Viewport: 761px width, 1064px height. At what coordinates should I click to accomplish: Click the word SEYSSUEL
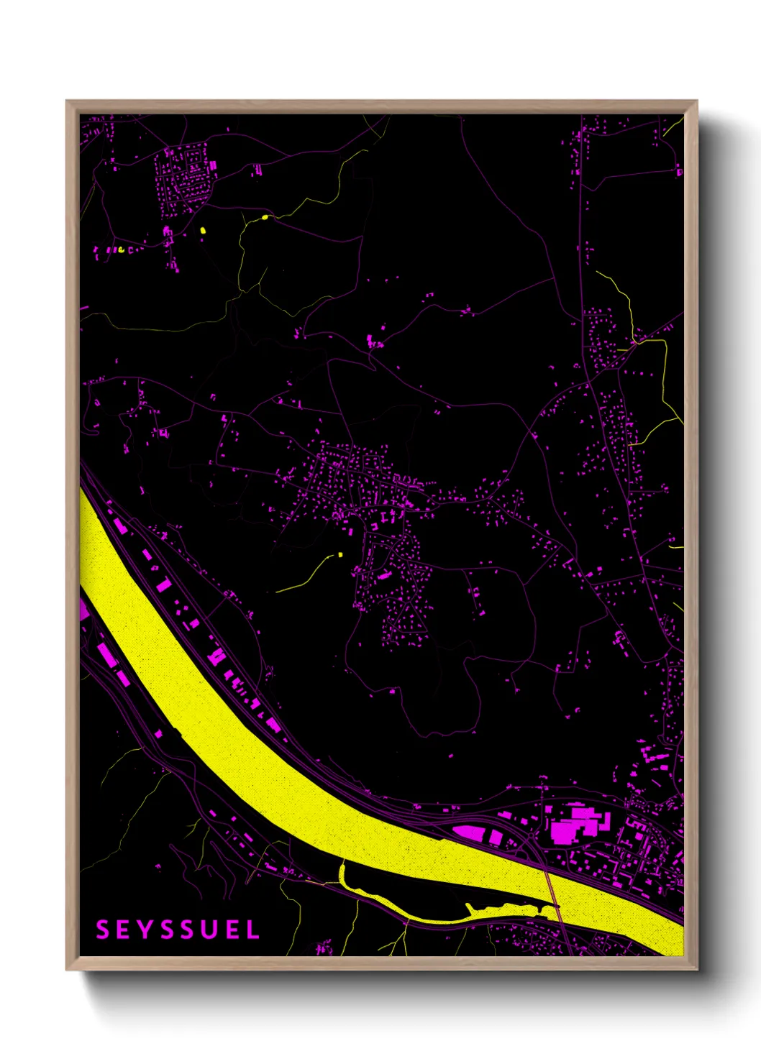pyautogui.click(x=178, y=930)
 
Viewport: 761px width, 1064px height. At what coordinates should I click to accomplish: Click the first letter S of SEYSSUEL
pyautogui.click(x=102, y=930)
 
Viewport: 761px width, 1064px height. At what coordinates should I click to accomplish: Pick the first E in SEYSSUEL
pyautogui.click(x=121, y=930)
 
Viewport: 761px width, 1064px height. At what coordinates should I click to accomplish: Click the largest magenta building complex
pyautogui.click(x=575, y=824)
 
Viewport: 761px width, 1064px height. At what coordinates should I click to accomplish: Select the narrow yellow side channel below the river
pyautogui.click(x=403, y=906)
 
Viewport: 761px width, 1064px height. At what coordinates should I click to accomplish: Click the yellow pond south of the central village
pyautogui.click(x=340, y=554)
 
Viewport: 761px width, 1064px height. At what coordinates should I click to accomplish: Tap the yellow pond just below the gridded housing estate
pyautogui.click(x=203, y=231)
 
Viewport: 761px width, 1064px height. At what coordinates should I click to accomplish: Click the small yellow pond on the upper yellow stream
pyautogui.click(x=265, y=216)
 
